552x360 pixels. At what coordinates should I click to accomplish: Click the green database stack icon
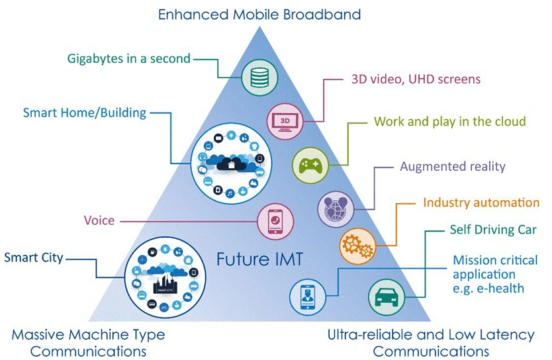click(259, 77)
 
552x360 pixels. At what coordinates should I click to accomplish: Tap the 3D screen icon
click(285, 122)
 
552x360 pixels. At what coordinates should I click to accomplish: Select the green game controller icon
click(310, 165)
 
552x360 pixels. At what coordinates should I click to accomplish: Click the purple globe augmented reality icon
click(336, 209)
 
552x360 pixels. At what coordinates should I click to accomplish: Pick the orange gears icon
click(357, 246)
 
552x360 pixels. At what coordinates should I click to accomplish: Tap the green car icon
click(386, 297)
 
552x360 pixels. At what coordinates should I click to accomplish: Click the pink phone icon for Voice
click(275, 222)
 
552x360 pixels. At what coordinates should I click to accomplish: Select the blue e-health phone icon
click(308, 297)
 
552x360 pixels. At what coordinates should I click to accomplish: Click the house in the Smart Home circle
click(231, 164)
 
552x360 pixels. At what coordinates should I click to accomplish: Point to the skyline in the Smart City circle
click(165, 284)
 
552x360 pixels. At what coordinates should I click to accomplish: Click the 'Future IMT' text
click(259, 259)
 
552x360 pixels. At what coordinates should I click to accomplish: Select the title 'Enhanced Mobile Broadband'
click(259, 15)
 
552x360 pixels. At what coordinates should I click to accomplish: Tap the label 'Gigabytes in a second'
click(129, 58)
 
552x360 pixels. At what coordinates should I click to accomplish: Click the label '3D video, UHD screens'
click(416, 79)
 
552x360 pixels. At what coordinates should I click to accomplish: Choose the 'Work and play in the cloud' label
click(449, 121)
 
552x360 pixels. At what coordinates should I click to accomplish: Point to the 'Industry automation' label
click(481, 202)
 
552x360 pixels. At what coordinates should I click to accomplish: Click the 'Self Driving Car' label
click(493, 230)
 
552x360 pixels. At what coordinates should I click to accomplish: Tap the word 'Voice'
click(99, 220)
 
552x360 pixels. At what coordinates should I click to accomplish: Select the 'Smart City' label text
click(34, 258)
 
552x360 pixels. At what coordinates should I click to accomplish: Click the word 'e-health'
click(500, 289)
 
